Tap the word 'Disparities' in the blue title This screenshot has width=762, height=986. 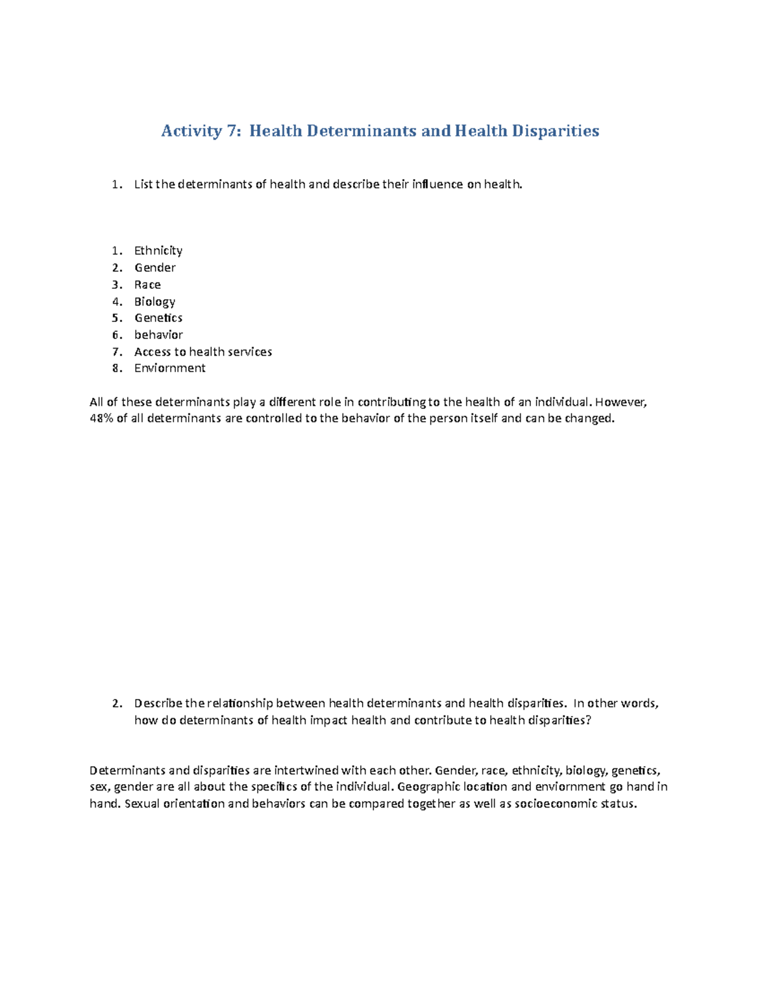coord(556,131)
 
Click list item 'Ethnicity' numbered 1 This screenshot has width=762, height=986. coord(158,251)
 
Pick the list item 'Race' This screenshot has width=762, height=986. coord(147,284)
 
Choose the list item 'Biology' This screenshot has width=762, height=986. coord(154,302)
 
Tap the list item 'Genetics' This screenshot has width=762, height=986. coord(158,318)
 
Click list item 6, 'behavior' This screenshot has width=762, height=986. coord(158,335)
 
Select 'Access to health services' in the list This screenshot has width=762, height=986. coord(203,352)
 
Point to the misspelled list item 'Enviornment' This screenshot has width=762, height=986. coord(170,368)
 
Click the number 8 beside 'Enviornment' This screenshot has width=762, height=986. coord(116,368)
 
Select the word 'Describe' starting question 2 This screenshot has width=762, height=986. coord(158,703)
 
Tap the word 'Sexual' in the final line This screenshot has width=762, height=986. coord(144,804)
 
